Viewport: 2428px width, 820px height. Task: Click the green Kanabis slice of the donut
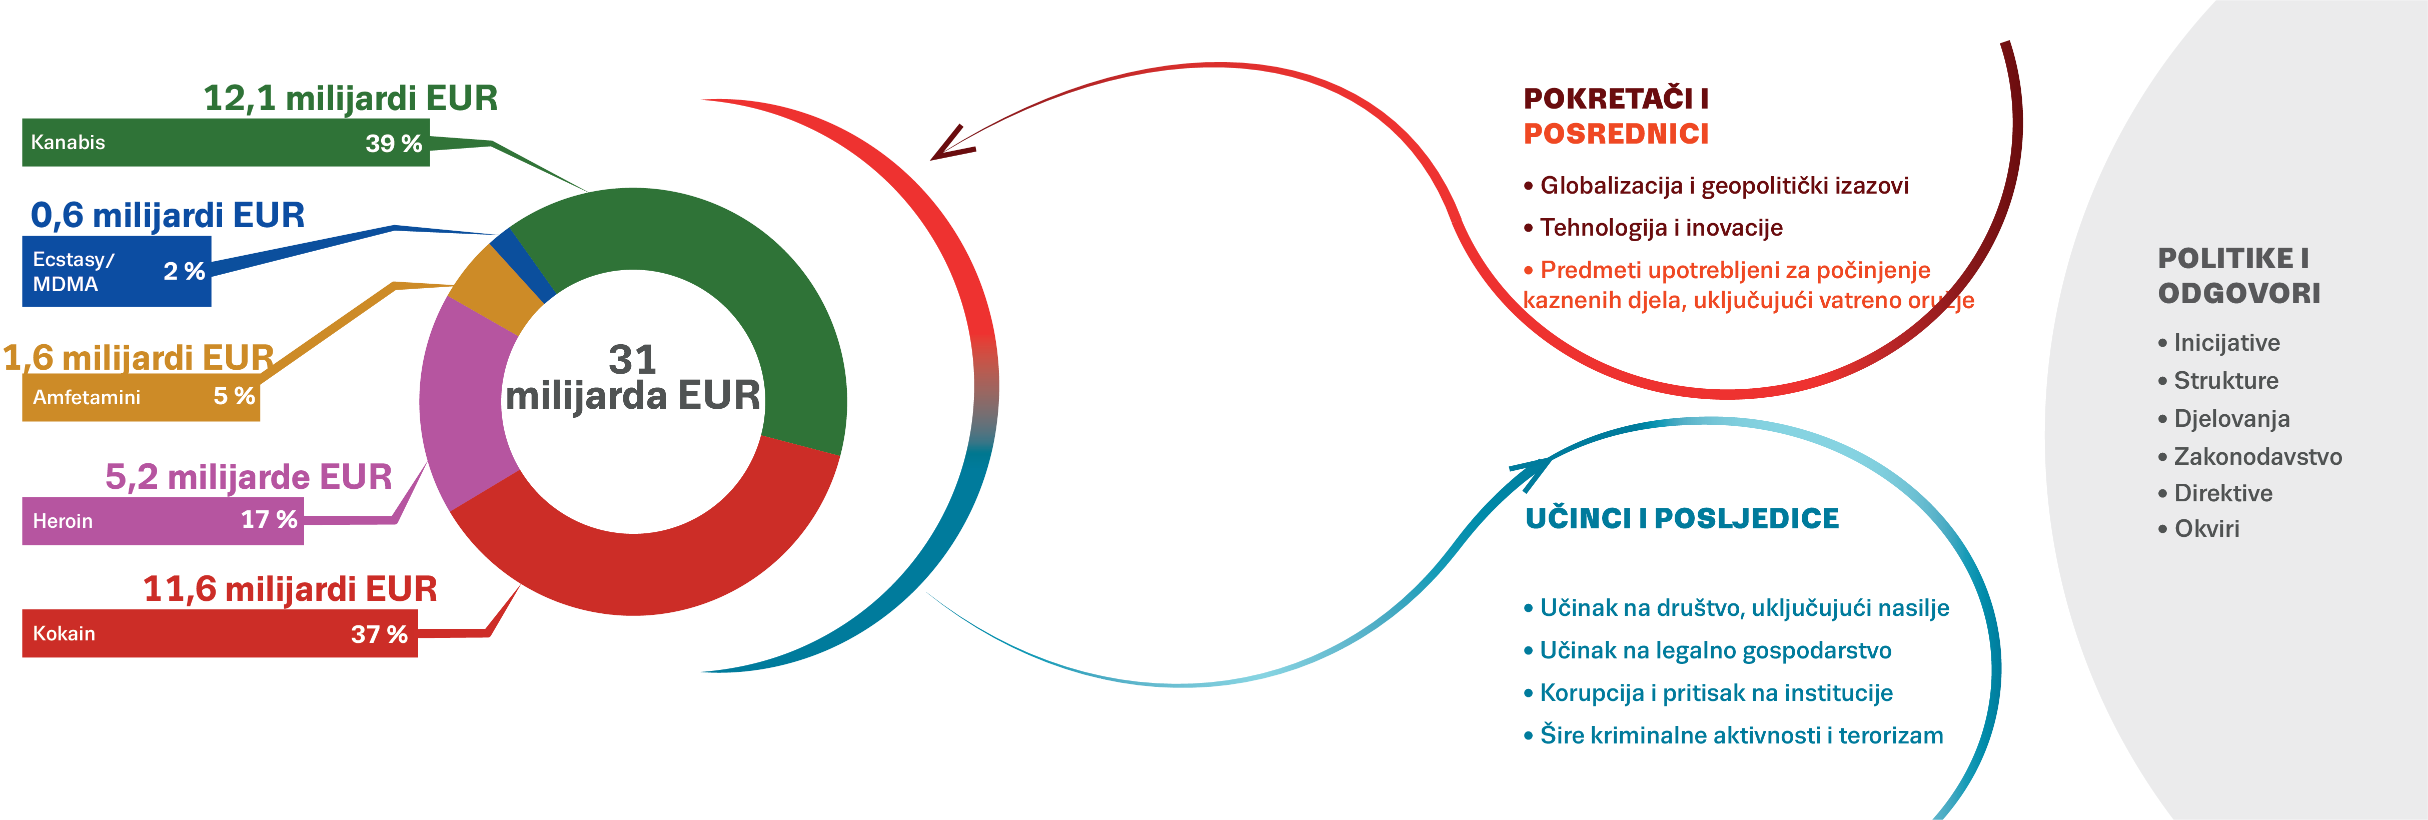click(x=735, y=283)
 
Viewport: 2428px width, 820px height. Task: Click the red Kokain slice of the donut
click(x=641, y=556)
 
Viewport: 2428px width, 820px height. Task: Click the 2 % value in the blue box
click(x=184, y=272)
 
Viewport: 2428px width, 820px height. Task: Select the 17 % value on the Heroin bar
click(x=269, y=519)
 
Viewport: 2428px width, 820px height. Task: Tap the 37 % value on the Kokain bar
click(x=379, y=634)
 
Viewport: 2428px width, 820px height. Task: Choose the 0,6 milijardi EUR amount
click(x=168, y=216)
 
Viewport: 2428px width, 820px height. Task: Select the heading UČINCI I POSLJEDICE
click(x=1682, y=518)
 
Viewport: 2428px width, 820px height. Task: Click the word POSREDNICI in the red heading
click(x=1616, y=134)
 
